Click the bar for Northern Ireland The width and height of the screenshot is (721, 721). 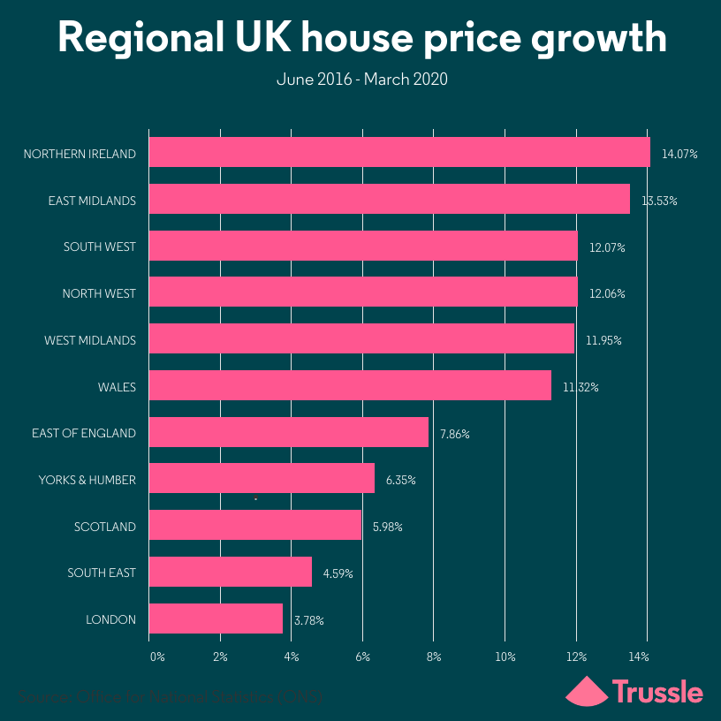399,153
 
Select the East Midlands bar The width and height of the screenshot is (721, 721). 389,200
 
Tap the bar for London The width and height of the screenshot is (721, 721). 216,619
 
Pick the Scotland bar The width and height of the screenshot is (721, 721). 254,526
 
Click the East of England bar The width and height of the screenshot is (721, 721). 288,433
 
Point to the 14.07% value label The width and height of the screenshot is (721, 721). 679,154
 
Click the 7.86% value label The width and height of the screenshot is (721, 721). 454,434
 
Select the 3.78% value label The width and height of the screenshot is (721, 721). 309,620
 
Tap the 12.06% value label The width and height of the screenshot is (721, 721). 607,293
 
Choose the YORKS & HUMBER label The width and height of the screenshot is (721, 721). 87,480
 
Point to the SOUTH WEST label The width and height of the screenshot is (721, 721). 100,247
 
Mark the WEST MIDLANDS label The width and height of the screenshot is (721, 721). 90,340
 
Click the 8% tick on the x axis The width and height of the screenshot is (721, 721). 434,656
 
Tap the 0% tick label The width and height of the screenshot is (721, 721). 157,656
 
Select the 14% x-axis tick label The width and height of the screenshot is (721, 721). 639,656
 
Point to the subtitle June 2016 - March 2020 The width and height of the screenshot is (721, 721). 361,80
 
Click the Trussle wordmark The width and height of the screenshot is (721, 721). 657,692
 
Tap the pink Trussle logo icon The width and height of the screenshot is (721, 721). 586,692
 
